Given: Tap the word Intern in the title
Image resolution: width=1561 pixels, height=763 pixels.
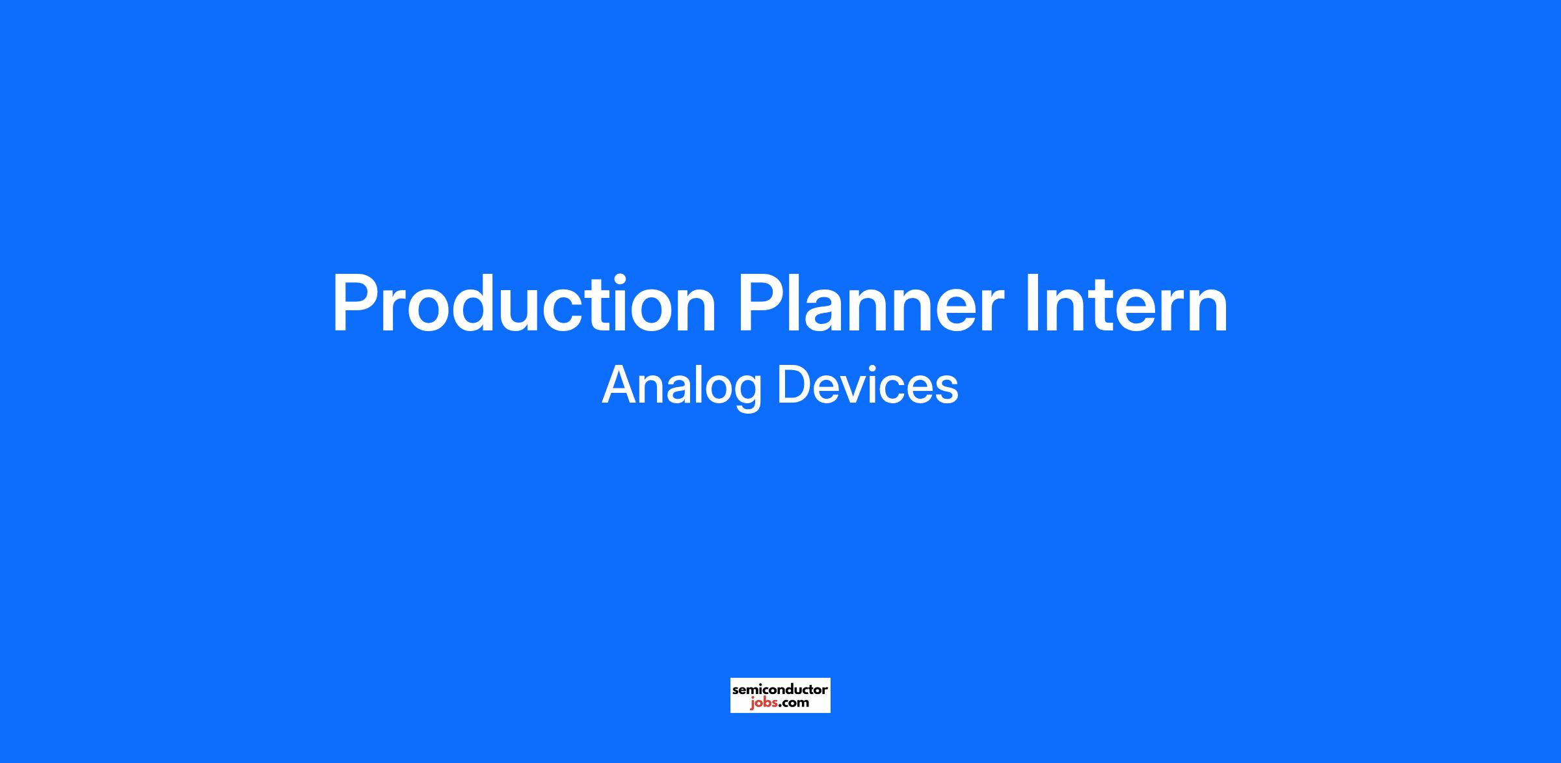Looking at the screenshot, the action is pos(1127,304).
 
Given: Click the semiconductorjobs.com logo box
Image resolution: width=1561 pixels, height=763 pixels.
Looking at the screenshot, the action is pos(780,695).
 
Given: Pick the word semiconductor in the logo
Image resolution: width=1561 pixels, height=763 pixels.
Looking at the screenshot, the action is pos(780,689).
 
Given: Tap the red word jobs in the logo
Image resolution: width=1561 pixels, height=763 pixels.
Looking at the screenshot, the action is pos(762,703).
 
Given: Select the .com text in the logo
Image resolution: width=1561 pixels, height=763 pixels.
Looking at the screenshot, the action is pos(792,703).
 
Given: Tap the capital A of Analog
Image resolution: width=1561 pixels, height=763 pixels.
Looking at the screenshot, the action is pos(622,384).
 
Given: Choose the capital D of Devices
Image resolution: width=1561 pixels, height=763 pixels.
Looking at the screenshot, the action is pos(795,384).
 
